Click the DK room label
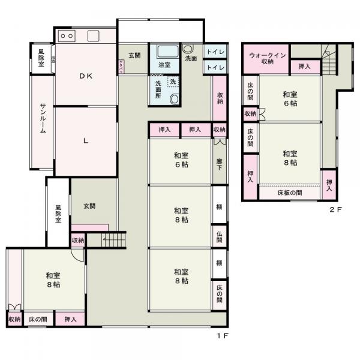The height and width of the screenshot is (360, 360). pos(86,76)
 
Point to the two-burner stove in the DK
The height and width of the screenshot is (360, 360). pos(67,36)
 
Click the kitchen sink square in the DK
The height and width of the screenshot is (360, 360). pos(94,35)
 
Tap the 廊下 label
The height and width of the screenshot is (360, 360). pos(220,161)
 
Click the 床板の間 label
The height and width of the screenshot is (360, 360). pos(289,193)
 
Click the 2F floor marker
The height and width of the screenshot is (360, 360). pos(335,209)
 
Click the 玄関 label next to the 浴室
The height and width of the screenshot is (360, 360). pos(134,56)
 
